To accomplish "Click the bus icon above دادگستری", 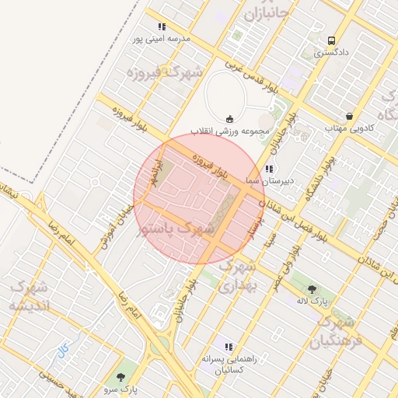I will point(332,40).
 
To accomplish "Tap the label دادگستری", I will point(331,54).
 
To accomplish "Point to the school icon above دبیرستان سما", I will point(269,169).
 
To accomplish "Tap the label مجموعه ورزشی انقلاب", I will point(232,131).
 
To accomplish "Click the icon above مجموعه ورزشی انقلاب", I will point(229,119).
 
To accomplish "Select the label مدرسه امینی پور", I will point(162,39).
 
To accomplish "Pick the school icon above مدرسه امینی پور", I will point(162,26).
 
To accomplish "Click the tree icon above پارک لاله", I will point(312,288).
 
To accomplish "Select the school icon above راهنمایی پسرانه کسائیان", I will point(228,347).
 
